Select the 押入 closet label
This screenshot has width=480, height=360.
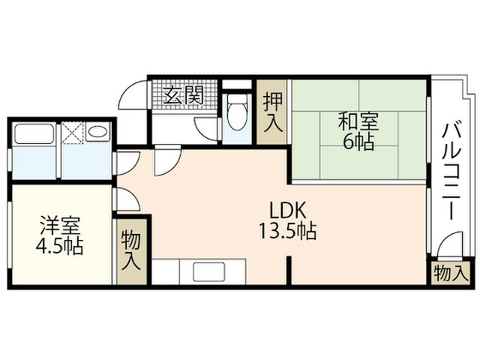273,112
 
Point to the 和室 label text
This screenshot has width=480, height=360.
358,121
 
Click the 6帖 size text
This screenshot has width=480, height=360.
358,142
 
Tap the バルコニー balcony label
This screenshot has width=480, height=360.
451,171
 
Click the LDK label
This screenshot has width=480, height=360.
287,210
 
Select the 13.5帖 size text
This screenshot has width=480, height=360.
288,231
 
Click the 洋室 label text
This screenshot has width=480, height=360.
60,226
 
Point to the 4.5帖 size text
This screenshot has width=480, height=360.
59,246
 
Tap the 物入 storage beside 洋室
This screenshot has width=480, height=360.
131,251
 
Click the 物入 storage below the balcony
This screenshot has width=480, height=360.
451,273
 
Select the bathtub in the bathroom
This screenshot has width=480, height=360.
34,133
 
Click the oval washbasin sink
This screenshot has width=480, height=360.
98,132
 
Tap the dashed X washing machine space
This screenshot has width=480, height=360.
73,133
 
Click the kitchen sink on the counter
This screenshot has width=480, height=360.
209,271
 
